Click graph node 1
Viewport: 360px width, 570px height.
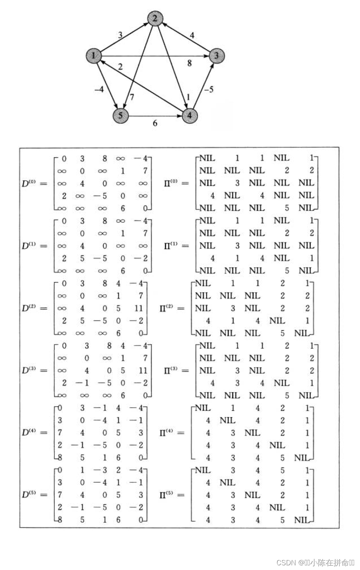coord(94,56)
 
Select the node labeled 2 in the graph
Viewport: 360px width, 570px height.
coord(155,18)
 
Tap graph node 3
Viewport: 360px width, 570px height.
coord(216,56)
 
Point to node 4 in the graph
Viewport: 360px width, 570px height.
coord(190,115)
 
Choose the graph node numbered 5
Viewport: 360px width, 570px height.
coord(121,115)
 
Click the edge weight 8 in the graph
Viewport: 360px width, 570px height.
coord(189,63)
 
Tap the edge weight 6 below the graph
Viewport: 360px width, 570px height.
coord(155,123)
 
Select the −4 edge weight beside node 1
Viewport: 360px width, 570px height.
coord(99,89)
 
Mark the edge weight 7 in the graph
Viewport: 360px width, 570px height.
coord(132,97)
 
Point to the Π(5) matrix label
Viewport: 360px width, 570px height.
coord(168,495)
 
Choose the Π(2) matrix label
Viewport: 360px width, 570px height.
coord(168,308)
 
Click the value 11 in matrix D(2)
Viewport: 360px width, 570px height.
coord(139,308)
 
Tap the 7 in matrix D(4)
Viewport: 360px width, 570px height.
coord(60,433)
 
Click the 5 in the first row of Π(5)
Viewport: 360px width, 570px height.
coord(282,470)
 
